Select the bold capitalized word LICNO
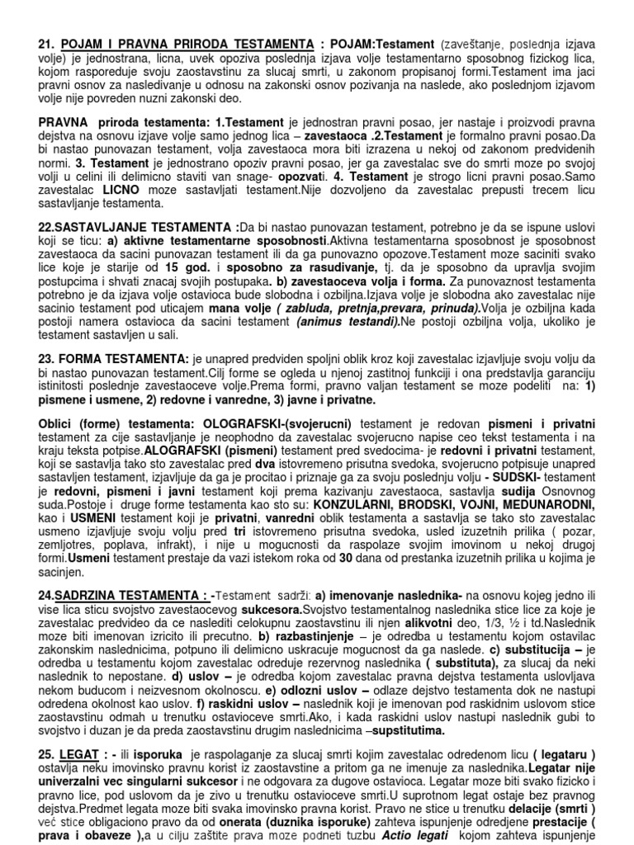coord(125,190)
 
